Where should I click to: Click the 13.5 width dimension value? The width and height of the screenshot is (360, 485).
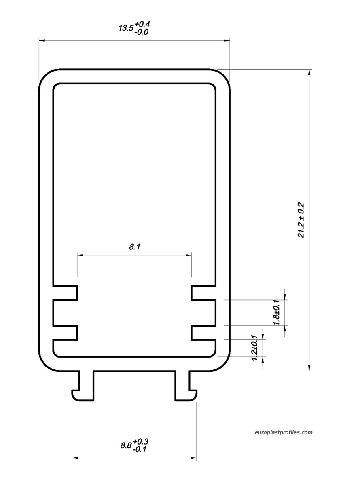click(x=126, y=28)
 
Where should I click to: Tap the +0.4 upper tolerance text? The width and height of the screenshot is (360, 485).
click(x=142, y=24)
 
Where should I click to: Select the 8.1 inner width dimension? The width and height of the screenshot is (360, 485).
click(x=134, y=247)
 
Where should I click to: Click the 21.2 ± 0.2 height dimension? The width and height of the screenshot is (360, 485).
click(x=301, y=220)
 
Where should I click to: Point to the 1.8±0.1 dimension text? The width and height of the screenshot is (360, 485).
click(x=277, y=312)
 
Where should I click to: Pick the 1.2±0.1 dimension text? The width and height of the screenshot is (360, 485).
click(x=254, y=348)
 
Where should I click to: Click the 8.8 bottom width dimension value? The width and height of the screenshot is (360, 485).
click(x=126, y=445)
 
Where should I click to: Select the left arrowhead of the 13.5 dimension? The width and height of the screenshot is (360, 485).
click(x=42, y=40)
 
